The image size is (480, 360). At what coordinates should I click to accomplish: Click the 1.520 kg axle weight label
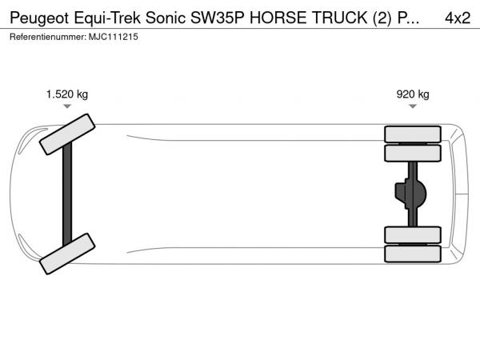tap(67, 94)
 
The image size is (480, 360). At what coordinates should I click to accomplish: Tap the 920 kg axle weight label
tap(413, 94)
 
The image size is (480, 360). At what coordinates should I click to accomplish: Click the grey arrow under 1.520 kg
tap(67, 106)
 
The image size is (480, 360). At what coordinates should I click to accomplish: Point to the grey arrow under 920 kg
tap(413, 106)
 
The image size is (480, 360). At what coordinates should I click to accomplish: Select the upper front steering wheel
tap(67, 134)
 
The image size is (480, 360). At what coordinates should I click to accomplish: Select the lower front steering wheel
tap(67, 254)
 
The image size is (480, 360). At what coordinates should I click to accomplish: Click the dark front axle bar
tap(67, 194)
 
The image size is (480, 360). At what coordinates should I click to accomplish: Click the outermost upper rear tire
tap(413, 134)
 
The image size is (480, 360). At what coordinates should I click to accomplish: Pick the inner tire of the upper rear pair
tap(413, 153)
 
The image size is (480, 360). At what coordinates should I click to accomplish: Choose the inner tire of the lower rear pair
tap(413, 235)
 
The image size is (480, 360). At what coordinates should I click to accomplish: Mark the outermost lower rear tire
tap(413, 254)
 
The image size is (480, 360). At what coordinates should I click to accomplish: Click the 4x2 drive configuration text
tap(458, 18)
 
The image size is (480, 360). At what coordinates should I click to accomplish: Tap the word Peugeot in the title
tap(39, 18)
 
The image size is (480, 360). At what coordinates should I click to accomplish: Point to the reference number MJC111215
tap(114, 37)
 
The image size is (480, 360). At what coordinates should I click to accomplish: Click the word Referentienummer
tap(48, 37)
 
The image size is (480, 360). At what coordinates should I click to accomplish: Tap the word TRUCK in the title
tap(339, 18)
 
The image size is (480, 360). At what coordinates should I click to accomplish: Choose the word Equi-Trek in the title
tap(107, 18)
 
